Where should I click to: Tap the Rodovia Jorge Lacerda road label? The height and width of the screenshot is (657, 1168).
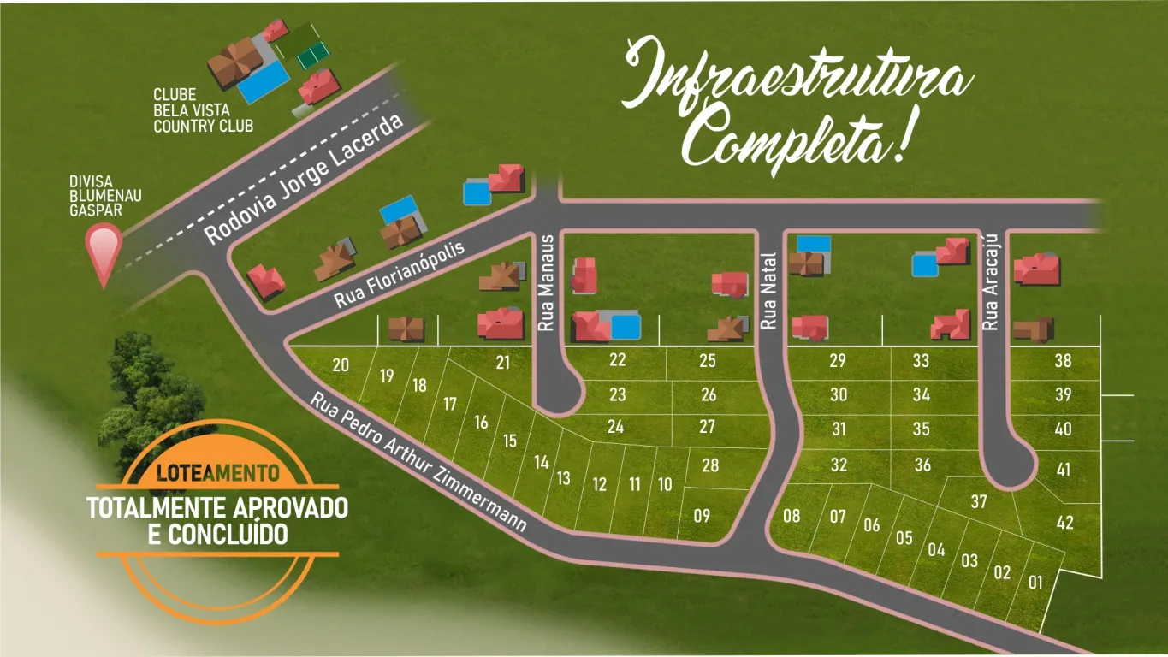(x=304, y=180)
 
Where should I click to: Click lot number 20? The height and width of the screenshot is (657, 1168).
(x=341, y=365)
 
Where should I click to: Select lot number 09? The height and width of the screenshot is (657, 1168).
(x=702, y=515)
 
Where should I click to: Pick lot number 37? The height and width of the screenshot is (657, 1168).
(x=979, y=501)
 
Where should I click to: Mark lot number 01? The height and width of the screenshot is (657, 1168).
(x=1035, y=583)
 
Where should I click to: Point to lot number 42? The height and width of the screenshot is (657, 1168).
(x=1064, y=523)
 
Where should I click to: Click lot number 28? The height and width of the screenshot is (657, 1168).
(x=709, y=465)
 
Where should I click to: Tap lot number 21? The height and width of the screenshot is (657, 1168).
(x=502, y=363)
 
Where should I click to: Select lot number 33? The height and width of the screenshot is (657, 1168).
(x=921, y=361)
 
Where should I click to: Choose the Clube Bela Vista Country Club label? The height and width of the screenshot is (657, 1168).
(x=203, y=110)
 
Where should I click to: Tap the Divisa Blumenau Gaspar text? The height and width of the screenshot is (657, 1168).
(x=105, y=196)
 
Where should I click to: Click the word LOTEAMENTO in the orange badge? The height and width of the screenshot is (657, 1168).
(x=218, y=472)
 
